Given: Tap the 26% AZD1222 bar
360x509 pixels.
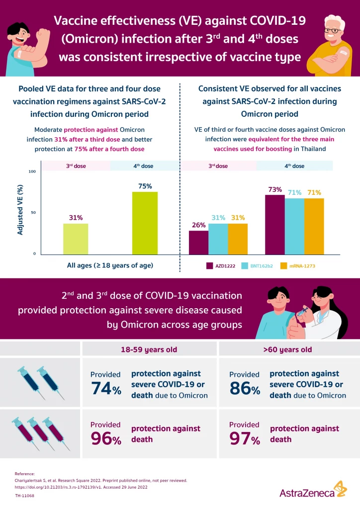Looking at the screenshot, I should [198, 242].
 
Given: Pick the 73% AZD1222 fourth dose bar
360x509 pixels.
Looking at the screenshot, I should [274, 224].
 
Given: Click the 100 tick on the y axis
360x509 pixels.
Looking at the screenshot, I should [33, 171].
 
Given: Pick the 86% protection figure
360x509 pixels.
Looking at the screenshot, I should [244, 388].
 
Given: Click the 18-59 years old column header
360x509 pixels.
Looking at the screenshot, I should [149, 349].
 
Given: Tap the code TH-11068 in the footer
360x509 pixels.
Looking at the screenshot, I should [24, 496].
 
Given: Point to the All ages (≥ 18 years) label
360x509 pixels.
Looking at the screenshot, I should [110, 265].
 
